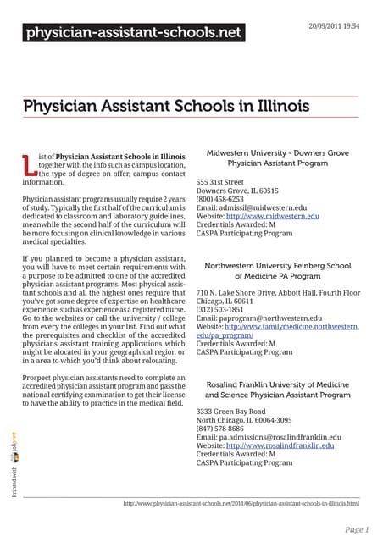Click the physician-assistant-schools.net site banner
(x=133, y=34)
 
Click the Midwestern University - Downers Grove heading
(x=277, y=157)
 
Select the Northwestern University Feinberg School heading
(x=277, y=270)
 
